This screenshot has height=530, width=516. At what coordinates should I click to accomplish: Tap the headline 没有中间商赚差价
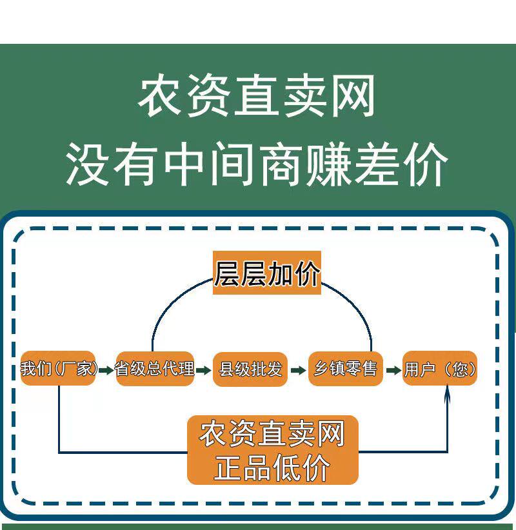coord(257,164)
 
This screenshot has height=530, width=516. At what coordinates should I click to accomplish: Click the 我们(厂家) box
coord(58,369)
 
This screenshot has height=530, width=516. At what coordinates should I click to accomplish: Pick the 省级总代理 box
coord(155,369)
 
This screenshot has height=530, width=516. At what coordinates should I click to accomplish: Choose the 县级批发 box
coord(250,369)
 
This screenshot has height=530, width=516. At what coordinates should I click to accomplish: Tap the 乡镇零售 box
coord(346,369)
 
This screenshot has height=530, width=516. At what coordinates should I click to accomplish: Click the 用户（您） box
coord(440,369)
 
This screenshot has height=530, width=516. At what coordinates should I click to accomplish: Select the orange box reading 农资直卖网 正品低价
coord(272,450)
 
